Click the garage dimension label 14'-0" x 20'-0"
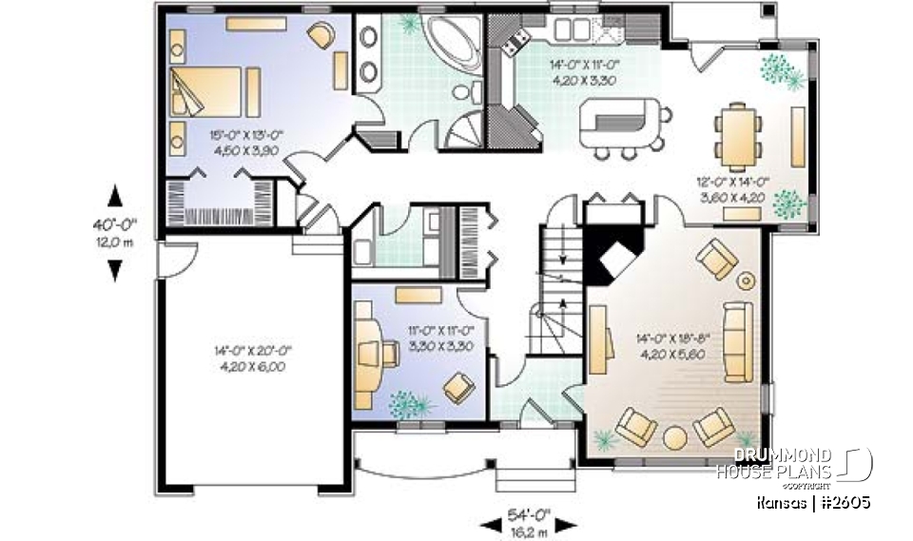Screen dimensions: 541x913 252,357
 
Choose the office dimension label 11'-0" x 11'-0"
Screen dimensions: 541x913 440,338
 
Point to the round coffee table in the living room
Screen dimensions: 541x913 674,437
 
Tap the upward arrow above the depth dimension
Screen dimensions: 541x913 115,197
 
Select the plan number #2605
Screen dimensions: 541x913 842,501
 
